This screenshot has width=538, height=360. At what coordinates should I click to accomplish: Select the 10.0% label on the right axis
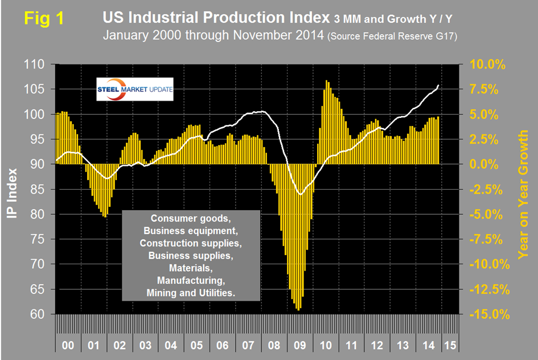click(488, 65)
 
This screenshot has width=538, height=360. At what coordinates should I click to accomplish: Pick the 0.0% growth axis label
click(491, 165)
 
